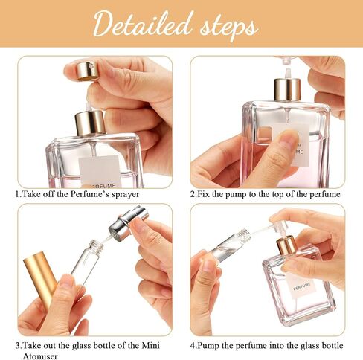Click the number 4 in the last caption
[x=194, y=345]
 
